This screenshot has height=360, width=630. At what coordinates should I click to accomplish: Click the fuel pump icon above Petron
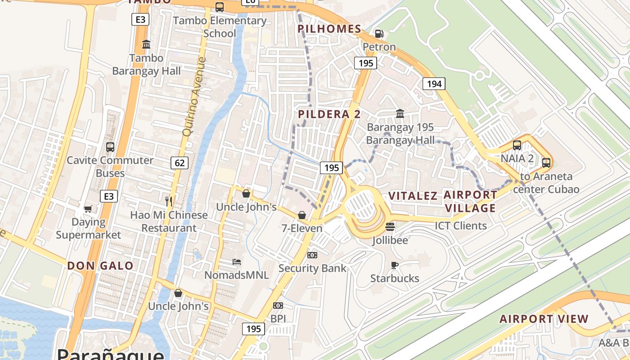click(379, 34)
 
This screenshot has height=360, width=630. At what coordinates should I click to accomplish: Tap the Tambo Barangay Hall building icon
click(146, 45)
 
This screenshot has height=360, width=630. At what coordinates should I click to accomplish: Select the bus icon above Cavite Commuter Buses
click(110, 147)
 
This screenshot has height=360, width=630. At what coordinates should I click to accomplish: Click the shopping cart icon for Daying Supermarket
click(88, 209)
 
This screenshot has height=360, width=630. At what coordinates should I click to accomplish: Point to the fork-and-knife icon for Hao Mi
click(169, 201)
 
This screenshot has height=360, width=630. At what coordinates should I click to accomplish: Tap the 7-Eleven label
click(302, 228)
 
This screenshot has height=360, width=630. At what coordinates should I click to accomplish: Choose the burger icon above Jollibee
click(390, 226)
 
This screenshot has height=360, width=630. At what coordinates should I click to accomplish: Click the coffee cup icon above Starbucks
click(395, 265)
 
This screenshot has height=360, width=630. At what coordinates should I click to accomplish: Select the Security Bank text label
click(312, 268)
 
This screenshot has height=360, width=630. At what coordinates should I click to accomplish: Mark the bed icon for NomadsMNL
click(237, 261)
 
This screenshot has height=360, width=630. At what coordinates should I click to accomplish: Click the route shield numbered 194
click(434, 83)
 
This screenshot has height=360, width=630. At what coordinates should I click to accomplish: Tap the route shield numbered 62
click(180, 162)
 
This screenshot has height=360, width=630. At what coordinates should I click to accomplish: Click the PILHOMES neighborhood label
click(329, 29)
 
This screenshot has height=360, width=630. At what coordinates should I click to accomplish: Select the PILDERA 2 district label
click(329, 114)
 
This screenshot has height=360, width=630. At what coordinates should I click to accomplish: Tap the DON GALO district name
click(100, 265)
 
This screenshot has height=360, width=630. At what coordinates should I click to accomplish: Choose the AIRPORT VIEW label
click(544, 319)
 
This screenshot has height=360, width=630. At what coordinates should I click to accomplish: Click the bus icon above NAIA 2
click(517, 145)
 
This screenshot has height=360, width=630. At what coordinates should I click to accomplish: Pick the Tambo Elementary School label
click(220, 27)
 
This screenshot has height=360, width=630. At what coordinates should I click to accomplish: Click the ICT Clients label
click(461, 226)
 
